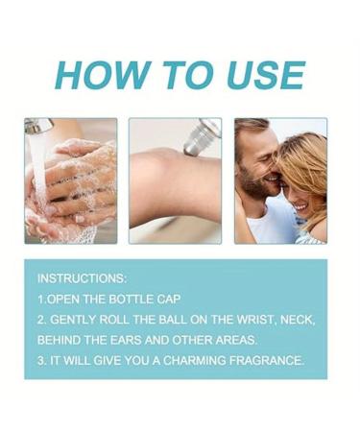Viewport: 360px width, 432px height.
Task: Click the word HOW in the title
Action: tap(103, 75)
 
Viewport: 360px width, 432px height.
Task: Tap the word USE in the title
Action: tap(266, 75)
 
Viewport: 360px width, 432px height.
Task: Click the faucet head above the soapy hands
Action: tap(38, 126)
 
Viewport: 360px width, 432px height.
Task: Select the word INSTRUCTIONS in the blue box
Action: tap(82, 278)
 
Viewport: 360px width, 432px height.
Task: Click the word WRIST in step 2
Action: tap(256, 320)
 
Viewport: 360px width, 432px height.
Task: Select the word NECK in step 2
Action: tap(298, 320)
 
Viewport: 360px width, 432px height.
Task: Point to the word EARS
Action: tap(126, 340)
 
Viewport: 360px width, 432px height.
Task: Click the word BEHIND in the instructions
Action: tap(59, 340)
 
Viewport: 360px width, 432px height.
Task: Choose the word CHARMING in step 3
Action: tap(195, 361)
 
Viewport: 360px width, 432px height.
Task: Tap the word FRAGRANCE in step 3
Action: tap(266, 361)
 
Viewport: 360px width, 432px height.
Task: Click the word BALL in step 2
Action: tap(173, 320)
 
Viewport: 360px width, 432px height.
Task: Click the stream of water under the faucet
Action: tap(39, 170)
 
